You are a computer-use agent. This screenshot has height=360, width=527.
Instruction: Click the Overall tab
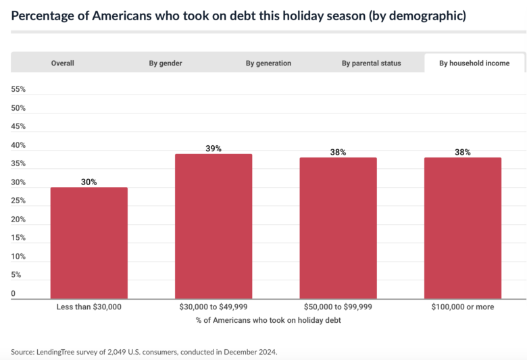(x=62, y=63)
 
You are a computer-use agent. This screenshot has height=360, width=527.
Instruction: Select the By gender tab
(x=166, y=63)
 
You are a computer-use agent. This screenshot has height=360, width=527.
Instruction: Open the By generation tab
(x=268, y=63)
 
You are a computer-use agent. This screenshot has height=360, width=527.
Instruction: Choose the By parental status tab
(x=371, y=63)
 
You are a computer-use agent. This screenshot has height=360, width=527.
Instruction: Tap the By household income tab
(x=474, y=63)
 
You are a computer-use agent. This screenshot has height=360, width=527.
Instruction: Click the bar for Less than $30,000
(x=89, y=242)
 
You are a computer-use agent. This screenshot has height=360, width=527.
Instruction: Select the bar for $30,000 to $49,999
(x=214, y=226)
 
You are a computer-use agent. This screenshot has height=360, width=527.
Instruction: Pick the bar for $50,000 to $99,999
(x=338, y=228)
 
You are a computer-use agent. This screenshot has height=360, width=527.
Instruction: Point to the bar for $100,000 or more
(x=463, y=228)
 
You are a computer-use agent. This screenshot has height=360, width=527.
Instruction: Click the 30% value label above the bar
(x=89, y=182)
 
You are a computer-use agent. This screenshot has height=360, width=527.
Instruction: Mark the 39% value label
(x=214, y=149)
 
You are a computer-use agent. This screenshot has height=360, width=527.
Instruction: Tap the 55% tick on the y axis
(x=18, y=89)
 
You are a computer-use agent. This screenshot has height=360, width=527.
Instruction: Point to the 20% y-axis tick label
(x=18, y=219)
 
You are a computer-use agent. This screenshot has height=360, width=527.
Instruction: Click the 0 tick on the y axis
(x=14, y=293)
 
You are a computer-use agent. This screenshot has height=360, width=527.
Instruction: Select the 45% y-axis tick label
(x=18, y=126)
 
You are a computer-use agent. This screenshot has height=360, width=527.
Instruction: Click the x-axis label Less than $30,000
(x=89, y=307)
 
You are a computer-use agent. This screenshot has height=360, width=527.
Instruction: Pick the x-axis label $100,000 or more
(x=463, y=307)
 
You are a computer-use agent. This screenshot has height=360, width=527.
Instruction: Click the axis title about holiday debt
(x=268, y=320)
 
